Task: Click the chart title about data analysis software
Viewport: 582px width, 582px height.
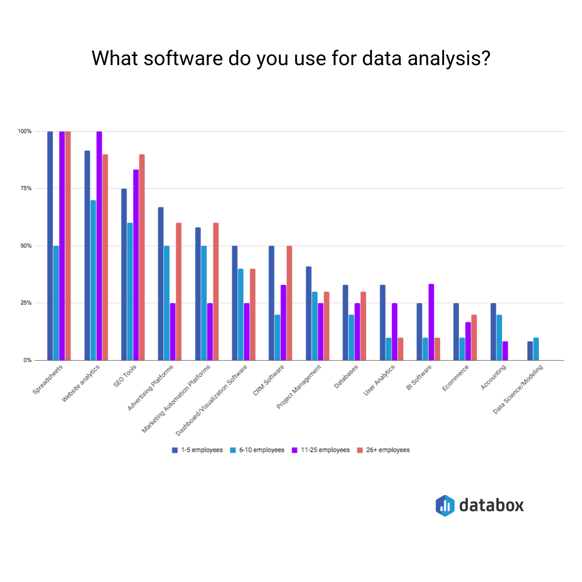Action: click(291, 58)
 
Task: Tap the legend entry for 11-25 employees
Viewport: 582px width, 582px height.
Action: click(321, 450)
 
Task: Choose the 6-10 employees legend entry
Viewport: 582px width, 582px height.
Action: click(257, 450)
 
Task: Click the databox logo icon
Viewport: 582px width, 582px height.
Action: click(445, 506)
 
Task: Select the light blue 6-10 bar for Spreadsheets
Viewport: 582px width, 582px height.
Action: click(56, 303)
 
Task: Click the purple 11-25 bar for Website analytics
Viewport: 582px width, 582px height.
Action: click(99, 246)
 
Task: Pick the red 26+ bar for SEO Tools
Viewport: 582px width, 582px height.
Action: click(142, 257)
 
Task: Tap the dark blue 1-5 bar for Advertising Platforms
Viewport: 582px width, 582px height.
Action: click(161, 284)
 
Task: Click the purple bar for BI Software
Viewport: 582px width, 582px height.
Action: click(431, 322)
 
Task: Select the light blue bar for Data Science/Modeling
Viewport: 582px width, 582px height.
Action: click(536, 349)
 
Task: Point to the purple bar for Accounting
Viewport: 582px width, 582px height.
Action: click(505, 351)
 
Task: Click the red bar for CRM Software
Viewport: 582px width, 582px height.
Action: click(289, 303)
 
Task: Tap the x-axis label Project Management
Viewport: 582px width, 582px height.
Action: click(299, 387)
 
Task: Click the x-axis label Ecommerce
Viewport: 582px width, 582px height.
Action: click(455, 378)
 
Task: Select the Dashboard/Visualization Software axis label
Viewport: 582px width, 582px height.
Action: click(211, 400)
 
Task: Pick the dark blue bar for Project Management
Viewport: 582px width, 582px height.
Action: click(308, 313)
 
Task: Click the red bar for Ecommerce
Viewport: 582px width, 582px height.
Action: click(474, 338)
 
